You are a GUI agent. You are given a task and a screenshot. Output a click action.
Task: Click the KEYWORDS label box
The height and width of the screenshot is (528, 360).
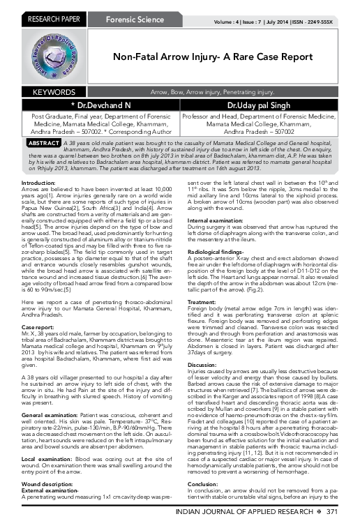pos(52,91)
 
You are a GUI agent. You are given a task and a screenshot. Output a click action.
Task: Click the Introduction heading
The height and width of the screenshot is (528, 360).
pos(38,182)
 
